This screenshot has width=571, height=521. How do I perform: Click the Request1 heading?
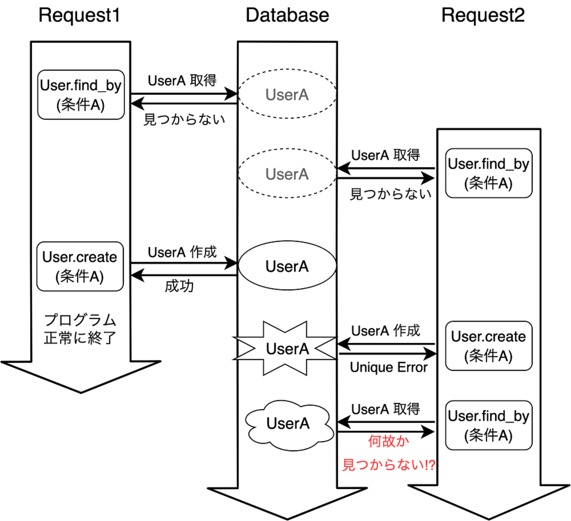coord(79,15)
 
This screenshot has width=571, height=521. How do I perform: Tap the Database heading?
coord(287,15)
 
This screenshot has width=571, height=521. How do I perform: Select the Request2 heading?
coord(483,15)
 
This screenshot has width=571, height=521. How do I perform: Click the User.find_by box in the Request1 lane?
coord(81,95)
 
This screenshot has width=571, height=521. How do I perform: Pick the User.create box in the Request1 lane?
coord(80,266)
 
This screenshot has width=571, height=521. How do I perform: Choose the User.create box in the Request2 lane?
coord(488,346)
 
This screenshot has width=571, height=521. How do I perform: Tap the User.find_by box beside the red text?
coord(488,425)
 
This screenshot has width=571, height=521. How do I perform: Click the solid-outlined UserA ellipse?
coord(287,266)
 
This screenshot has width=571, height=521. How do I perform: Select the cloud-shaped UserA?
coord(288,424)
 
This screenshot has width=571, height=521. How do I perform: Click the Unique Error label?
coord(389,367)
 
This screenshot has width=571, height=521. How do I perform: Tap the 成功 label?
coord(179,286)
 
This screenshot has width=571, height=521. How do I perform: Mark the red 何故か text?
coord(388,441)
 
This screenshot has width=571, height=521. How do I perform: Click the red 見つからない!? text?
coord(389,464)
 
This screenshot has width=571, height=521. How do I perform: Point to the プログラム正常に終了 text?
coord(80,329)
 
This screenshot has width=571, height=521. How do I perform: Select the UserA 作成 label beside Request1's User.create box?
coord(182,252)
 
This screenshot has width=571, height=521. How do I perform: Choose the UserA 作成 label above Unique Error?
coord(386,331)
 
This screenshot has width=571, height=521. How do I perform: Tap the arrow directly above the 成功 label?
coord(184,276)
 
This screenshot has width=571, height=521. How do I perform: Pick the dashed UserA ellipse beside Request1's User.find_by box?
coord(287,94)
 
